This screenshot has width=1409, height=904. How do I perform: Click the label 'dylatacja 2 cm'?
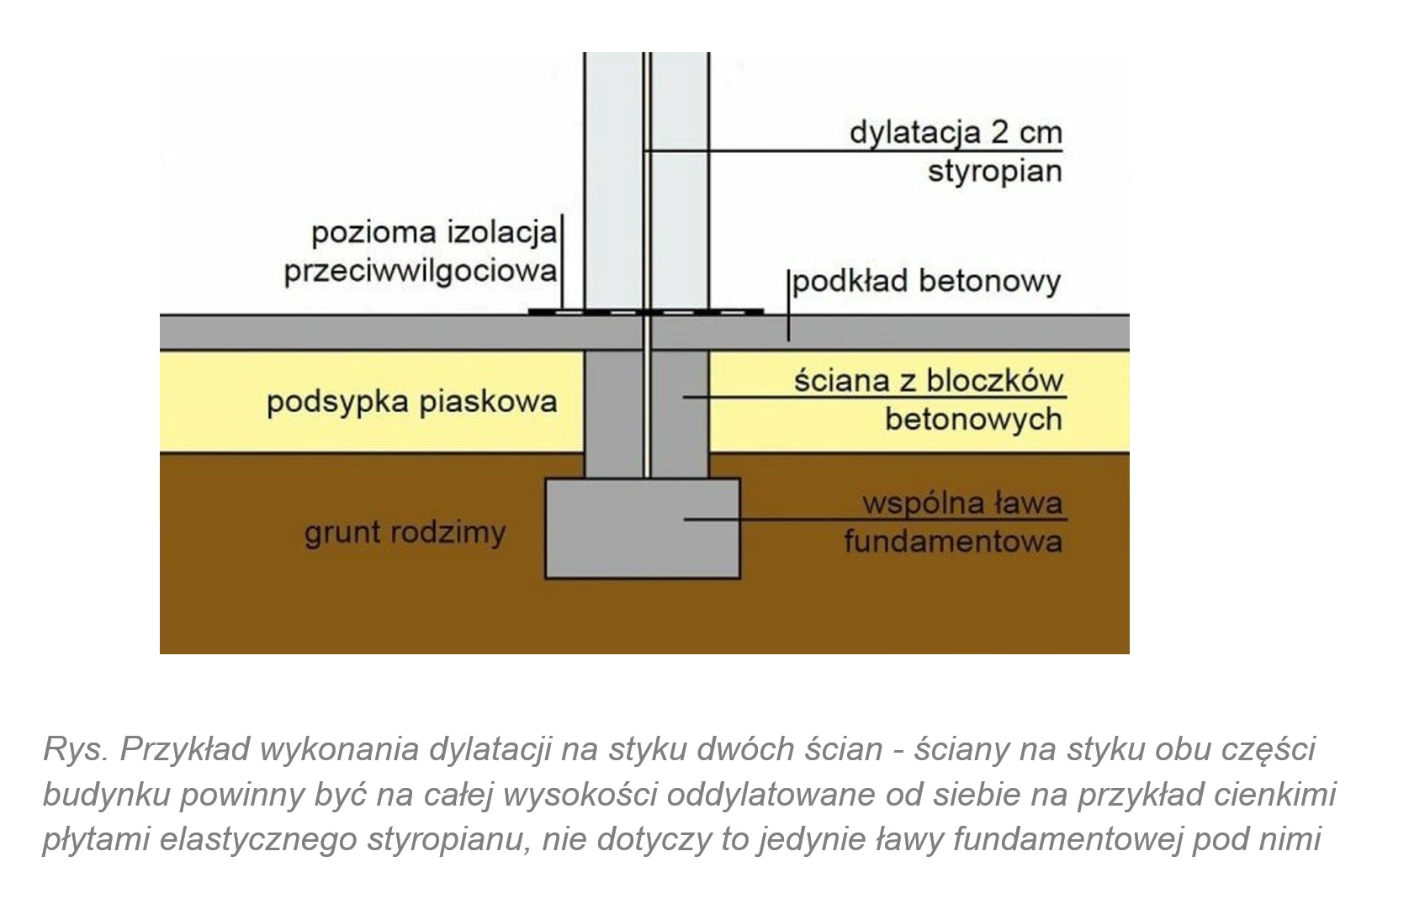(x=956, y=133)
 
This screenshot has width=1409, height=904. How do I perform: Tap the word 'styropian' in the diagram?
(x=995, y=172)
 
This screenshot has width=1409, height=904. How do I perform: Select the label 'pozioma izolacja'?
(x=434, y=232)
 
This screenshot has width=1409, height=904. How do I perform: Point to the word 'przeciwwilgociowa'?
(x=421, y=271)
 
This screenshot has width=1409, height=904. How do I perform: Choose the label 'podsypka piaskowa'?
(x=411, y=401)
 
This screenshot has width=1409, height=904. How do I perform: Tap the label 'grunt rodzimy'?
(x=405, y=532)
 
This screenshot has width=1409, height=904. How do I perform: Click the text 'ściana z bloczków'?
(x=929, y=381)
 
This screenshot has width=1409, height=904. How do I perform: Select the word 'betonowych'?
(x=973, y=419)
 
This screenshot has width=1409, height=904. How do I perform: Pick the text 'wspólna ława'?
(x=962, y=504)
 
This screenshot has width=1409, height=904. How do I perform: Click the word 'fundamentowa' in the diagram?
(x=953, y=541)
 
